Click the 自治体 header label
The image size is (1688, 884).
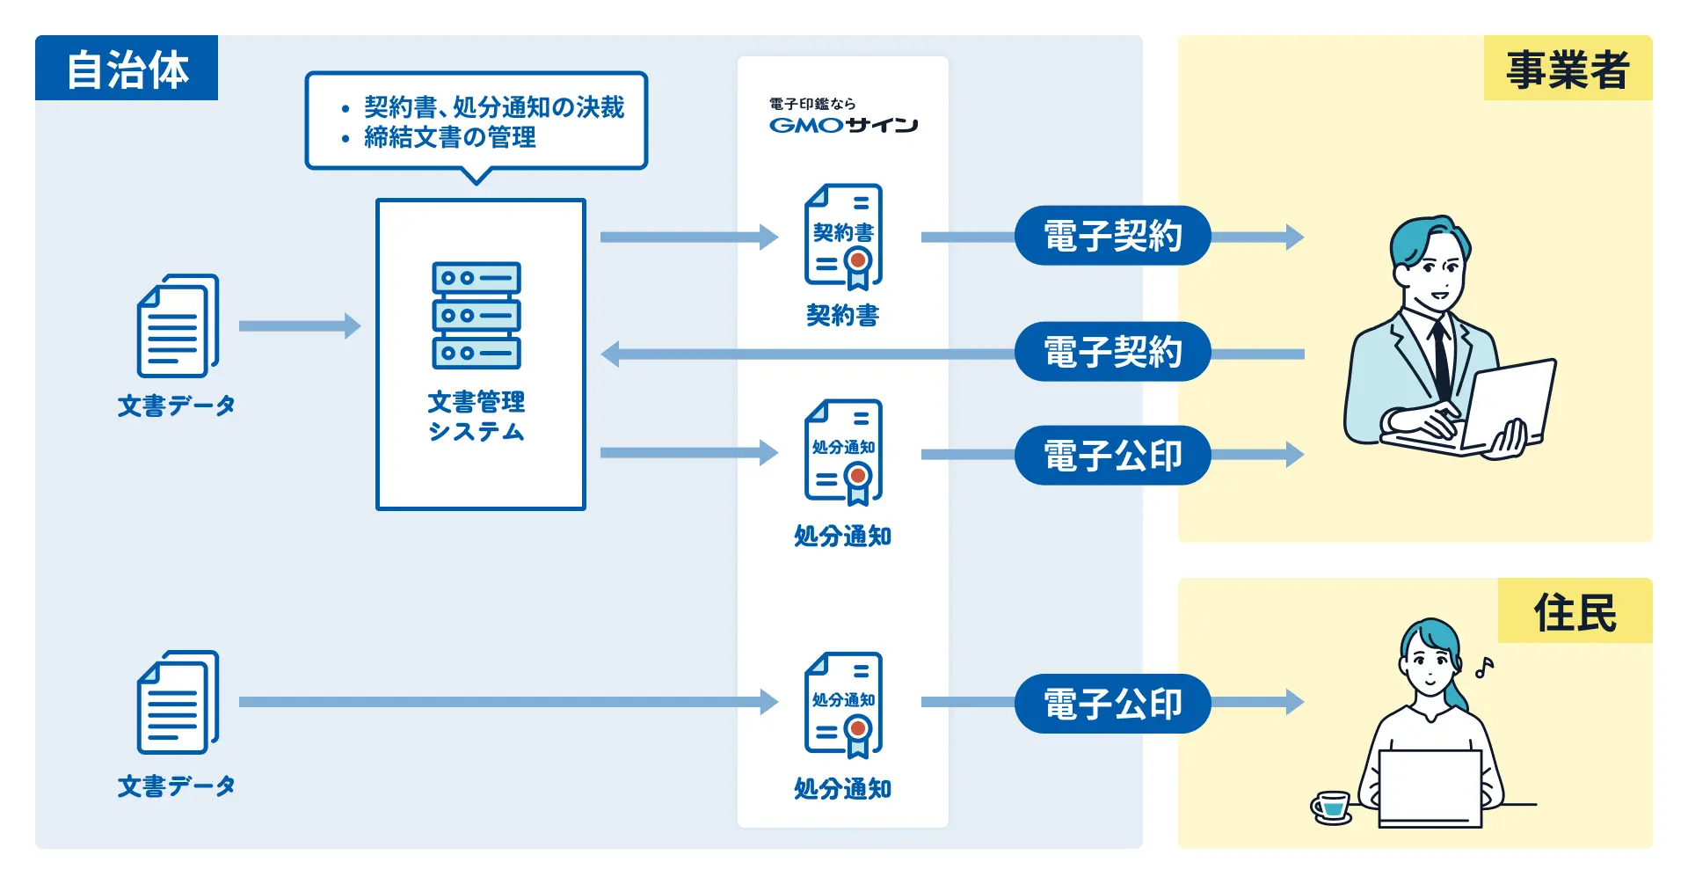(x=127, y=69)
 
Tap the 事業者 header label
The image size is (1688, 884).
(x=1568, y=69)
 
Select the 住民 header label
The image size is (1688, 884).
(x=1575, y=611)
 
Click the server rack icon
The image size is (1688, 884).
(x=477, y=315)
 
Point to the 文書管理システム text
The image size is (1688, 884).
(x=477, y=416)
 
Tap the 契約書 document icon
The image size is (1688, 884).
(x=843, y=236)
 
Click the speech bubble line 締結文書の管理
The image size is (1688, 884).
(x=449, y=137)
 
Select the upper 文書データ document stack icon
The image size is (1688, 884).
(x=178, y=325)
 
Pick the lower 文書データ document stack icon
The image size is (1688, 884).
(x=178, y=702)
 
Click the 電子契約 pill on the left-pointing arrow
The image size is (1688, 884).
(x=1112, y=352)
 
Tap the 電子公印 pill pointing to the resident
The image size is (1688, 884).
(x=1112, y=704)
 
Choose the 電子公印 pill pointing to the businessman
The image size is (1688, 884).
(x=1112, y=456)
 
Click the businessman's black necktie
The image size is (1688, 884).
(x=1441, y=361)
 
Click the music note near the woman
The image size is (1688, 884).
(x=1484, y=668)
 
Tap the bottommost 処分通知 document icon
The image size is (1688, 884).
(x=843, y=705)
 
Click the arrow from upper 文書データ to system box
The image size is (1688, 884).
(x=299, y=325)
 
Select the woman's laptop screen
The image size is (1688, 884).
(x=1430, y=785)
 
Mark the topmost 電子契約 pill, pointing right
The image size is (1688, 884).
(x=1112, y=236)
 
